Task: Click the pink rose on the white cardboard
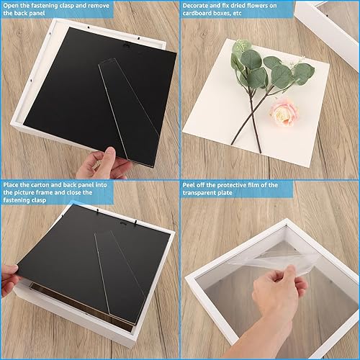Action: pyautogui.click(x=285, y=112)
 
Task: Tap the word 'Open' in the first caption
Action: pyautogui.click(x=10, y=6)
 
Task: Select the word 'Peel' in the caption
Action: pyautogui.click(x=189, y=185)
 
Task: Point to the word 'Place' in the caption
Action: pyautogui.click(x=11, y=185)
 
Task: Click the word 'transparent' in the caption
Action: pyautogui.click(x=199, y=193)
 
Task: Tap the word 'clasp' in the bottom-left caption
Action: pyautogui.click(x=37, y=200)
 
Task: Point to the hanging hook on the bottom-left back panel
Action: pyautogui.click(x=123, y=224)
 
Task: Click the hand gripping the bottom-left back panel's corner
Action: pyautogui.click(x=10, y=279)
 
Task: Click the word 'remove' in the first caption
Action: pyautogui.click(x=99, y=6)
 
